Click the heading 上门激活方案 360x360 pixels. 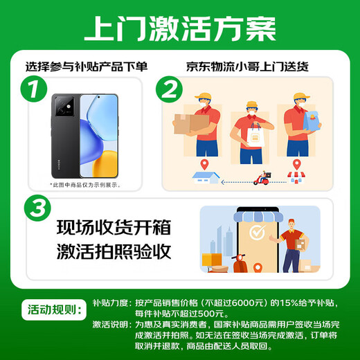(x=179, y=28)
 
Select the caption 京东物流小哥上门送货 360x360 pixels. (x=247, y=67)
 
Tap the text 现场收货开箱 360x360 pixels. (x=114, y=228)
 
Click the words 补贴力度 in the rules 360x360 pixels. (x=111, y=303)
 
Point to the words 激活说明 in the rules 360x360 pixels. (x=111, y=323)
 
